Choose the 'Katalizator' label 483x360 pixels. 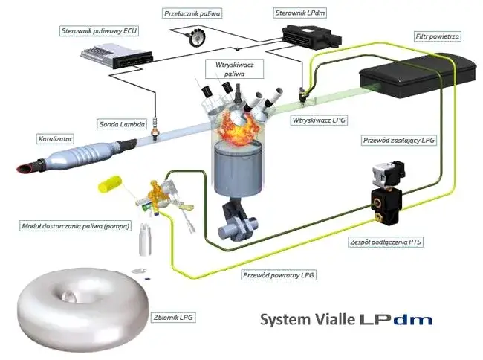pyautogui.click(x=56, y=138)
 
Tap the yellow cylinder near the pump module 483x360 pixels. pyautogui.click(x=112, y=182)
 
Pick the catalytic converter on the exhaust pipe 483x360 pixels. pyautogui.click(x=74, y=158)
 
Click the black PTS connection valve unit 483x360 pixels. pyautogui.click(x=386, y=195)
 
